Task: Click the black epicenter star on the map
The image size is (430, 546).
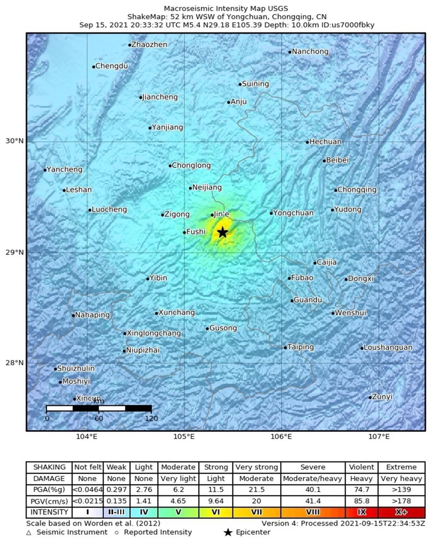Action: tap(223, 232)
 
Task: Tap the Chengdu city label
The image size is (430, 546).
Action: tap(111, 66)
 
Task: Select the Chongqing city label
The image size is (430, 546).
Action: tap(357, 190)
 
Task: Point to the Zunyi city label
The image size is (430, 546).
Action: tap(382, 397)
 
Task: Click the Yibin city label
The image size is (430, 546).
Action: tap(158, 278)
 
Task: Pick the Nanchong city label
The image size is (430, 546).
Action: tap(310, 52)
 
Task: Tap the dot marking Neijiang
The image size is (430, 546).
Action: tap(191, 188)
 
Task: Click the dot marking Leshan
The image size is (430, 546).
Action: tap(64, 190)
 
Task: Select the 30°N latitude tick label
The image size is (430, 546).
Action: tap(14, 141)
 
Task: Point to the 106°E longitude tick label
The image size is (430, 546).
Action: tap(282, 436)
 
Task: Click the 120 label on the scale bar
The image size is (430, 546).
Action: tap(152, 418)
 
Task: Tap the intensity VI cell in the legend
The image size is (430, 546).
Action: tap(215, 512)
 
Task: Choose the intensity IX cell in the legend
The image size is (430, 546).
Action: tap(362, 512)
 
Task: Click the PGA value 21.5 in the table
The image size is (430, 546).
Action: tap(256, 489)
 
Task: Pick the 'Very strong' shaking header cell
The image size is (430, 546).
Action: tap(256, 467)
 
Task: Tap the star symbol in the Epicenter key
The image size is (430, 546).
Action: tap(228, 533)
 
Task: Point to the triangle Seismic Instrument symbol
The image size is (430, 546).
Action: tap(29, 533)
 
